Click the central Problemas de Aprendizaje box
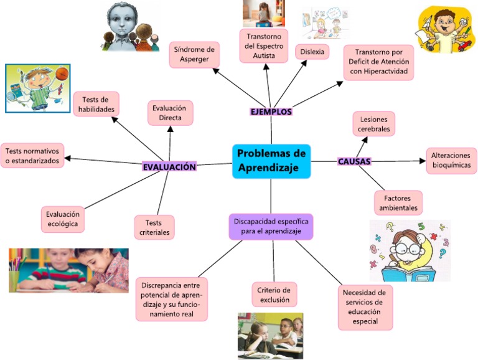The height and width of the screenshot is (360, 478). click(x=271, y=161)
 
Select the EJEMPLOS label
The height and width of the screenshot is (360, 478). click(x=271, y=111)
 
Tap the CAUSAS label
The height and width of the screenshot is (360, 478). click(x=354, y=161)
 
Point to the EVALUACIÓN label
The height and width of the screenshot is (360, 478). click(x=169, y=167)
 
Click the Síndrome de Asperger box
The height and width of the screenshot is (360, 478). click(x=194, y=54)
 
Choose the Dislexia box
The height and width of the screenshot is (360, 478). click(x=312, y=52)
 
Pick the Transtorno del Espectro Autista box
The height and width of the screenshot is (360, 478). click(x=265, y=45)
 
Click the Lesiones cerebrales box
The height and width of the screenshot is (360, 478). click(x=373, y=123)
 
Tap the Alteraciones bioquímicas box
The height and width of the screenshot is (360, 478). click(x=452, y=161)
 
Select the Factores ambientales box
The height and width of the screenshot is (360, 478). click(x=398, y=202)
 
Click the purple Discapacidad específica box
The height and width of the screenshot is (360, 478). click(x=271, y=226)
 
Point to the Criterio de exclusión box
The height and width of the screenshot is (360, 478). click(x=274, y=294)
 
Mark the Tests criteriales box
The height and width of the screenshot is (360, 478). click(x=154, y=227)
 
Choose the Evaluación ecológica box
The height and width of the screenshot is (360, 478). click(x=63, y=219)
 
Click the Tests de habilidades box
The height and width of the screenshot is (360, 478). click(x=96, y=104)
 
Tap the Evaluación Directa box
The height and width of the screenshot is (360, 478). click(x=171, y=113)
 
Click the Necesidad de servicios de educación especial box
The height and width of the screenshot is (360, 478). click(x=365, y=308)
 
